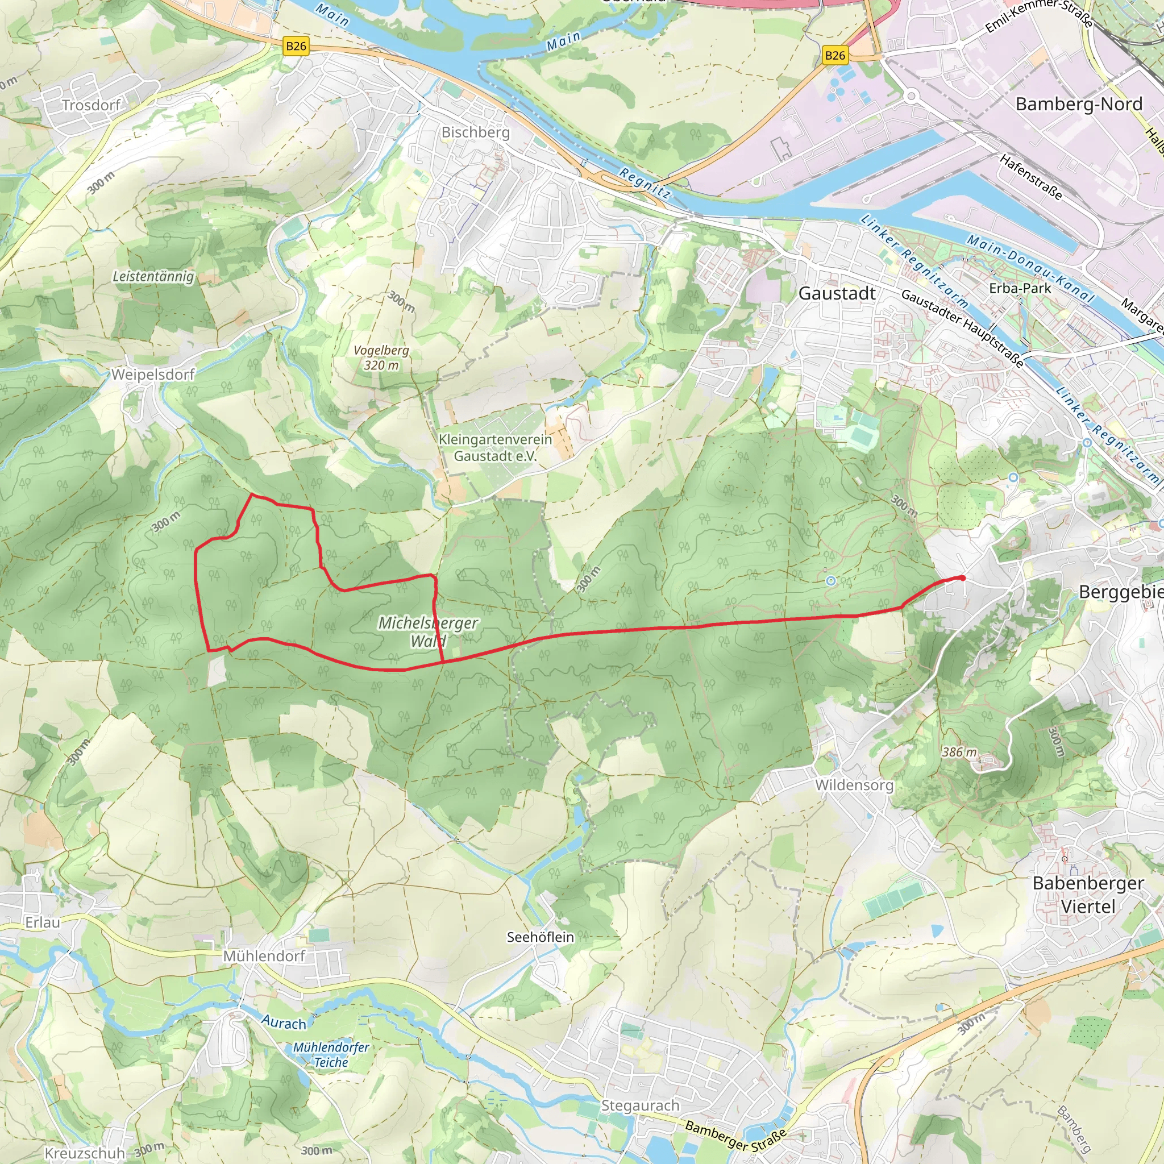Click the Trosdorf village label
pos(91,106)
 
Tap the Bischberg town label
pos(475,132)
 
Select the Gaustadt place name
pos(837,293)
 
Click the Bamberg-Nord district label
pos(1078,104)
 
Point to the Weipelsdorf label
pos(153,374)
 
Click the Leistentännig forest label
pos(153,277)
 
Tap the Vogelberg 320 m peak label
pos(381,357)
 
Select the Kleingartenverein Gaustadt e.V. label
pos(494,448)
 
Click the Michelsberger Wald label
pos(428,631)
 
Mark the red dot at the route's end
pos(962,578)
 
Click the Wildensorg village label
pos(854,785)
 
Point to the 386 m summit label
pos(959,752)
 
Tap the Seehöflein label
pos(540,937)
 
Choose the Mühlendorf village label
pos(264,956)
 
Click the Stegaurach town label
pos(640,1105)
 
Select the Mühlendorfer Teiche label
pos(331,1054)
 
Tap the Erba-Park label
pos(1020,288)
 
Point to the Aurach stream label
pos(283,1022)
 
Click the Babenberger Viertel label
pos(1088,894)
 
